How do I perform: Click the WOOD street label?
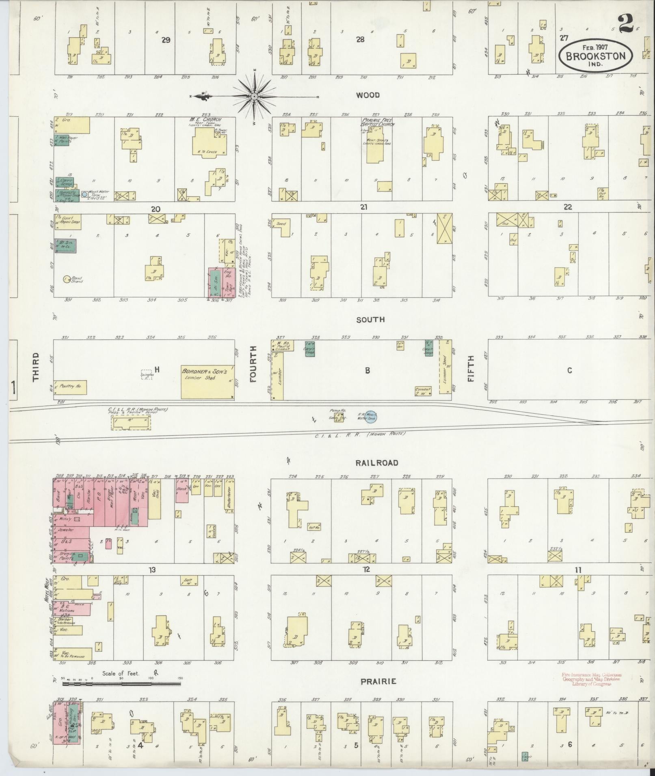(367, 95)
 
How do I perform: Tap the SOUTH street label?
(370, 320)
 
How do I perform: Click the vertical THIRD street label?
(35, 366)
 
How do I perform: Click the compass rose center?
(254, 97)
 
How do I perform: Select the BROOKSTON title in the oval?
(596, 56)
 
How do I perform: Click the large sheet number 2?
(626, 24)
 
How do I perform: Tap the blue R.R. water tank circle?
(370, 417)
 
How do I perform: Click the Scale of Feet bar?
(122, 684)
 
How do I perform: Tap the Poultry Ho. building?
(70, 387)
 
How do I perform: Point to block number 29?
(165, 40)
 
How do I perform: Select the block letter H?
(157, 369)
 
